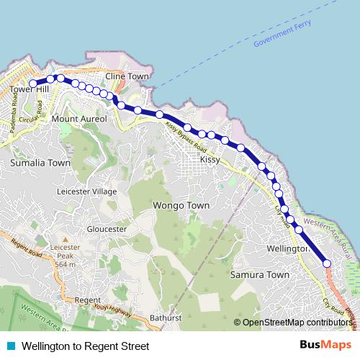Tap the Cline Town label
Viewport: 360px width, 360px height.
(x=127, y=76)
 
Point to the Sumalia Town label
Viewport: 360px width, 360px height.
(x=40, y=163)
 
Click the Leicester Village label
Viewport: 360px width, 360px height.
(x=86, y=192)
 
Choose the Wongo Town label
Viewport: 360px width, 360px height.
(x=181, y=205)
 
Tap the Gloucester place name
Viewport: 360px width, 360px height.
(x=106, y=228)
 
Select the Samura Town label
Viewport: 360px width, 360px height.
(x=259, y=275)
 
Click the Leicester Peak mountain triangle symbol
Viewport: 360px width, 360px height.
(x=65, y=239)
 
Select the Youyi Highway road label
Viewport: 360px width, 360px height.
(x=113, y=310)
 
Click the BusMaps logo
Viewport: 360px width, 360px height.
(x=325, y=346)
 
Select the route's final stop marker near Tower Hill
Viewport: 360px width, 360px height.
(x=33, y=84)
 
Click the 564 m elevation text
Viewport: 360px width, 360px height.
(x=65, y=263)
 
